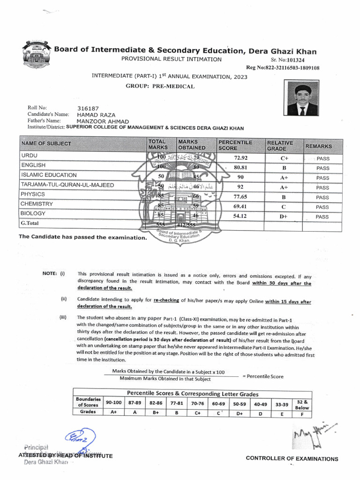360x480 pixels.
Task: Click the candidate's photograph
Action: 303,99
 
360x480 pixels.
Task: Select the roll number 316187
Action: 88,108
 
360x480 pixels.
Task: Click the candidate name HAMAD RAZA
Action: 96,115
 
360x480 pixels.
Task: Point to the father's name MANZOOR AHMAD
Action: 103,121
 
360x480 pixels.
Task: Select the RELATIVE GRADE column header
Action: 280,146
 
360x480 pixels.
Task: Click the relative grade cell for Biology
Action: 284,217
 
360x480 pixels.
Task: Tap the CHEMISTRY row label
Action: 37,204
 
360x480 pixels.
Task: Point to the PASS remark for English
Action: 322,168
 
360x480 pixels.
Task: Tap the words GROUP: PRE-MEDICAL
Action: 160,86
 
